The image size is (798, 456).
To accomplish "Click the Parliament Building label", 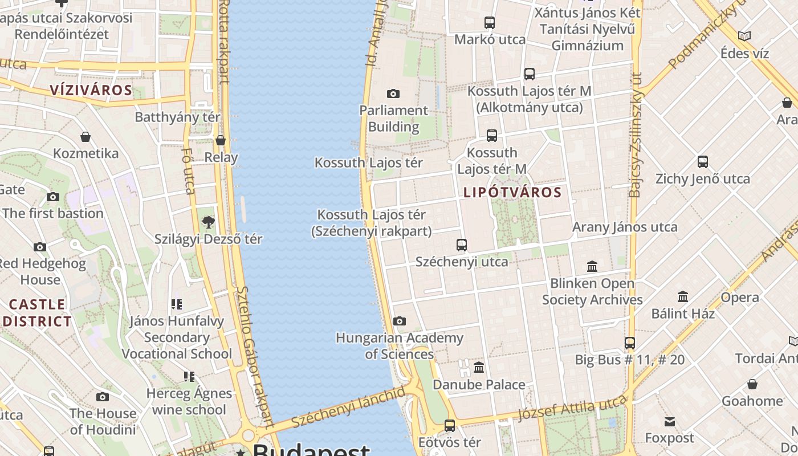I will pos(393,119).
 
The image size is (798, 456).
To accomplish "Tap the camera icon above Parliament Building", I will pos(393,93).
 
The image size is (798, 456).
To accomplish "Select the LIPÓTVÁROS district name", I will pos(512,193).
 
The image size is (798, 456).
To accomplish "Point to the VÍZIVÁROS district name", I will pos(91,90).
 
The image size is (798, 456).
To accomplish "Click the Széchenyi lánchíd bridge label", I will pos(349,406).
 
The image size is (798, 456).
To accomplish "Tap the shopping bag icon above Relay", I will pos(221,140).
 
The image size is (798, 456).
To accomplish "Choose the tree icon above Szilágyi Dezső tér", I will pos(209,222).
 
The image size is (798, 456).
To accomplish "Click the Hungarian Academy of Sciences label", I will pos(399,346).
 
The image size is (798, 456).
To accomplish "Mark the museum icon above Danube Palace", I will pos(479,368).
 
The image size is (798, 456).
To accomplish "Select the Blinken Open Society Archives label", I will pos(592,291).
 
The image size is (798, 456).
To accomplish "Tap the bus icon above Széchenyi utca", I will pos(462,245).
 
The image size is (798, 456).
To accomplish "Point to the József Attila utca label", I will pos(573,409).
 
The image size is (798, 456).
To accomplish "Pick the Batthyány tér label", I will pos(177,117).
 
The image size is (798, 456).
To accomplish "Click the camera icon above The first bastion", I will pos(53,197).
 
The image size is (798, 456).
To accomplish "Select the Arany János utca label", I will pos(625,227).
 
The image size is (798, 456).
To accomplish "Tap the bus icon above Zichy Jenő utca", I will pos(703,162).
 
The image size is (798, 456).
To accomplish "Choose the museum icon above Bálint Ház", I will pos(683,296).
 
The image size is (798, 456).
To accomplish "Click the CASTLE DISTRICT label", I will pos(37,312).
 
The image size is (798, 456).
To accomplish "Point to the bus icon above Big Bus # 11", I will pos(629,343).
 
